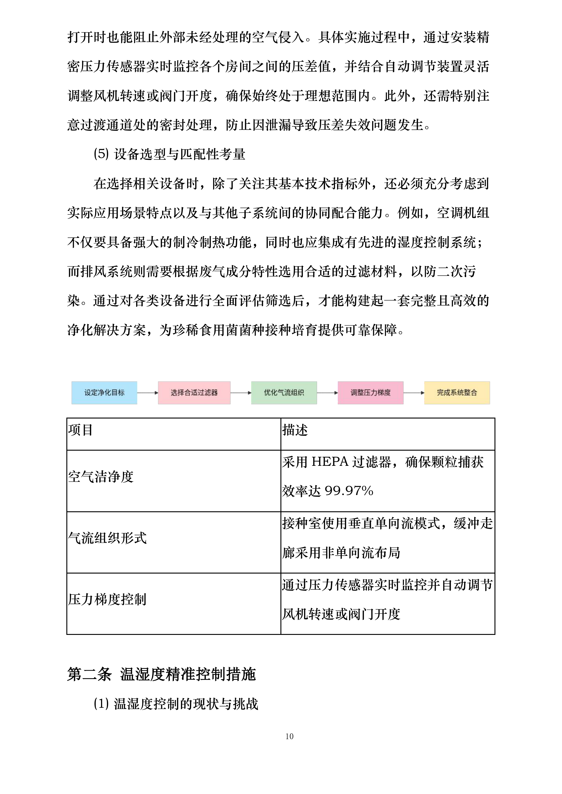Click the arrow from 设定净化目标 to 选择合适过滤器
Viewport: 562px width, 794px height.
pyautogui.click(x=147, y=393)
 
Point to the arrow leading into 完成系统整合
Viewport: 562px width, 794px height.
pyautogui.click(x=414, y=393)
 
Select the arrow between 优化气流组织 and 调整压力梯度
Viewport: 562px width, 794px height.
pyautogui.click(x=327, y=393)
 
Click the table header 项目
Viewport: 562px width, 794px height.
pyautogui.click(x=80, y=430)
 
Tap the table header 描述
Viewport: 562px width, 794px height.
pyautogui.click(x=295, y=430)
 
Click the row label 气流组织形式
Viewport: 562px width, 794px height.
pyautogui.click(x=107, y=538)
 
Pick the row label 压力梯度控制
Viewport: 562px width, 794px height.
pyautogui.click(x=107, y=599)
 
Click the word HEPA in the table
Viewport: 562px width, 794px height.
pyautogui.click(x=330, y=462)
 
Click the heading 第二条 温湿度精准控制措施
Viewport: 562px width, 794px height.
pyautogui.click(x=161, y=674)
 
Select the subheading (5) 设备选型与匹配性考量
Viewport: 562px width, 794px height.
pyautogui.click(x=170, y=154)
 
